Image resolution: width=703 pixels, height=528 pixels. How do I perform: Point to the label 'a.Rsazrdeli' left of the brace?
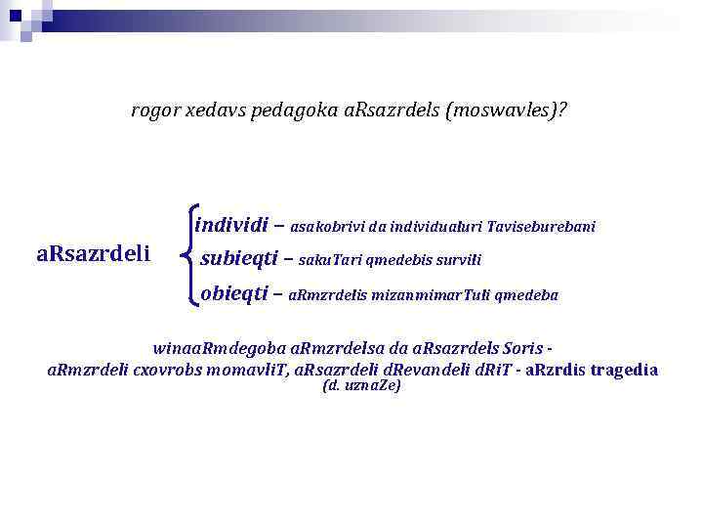point(93,255)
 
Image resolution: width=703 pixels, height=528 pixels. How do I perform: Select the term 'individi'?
point(231,225)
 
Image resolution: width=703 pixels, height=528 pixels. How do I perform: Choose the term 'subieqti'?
point(238,259)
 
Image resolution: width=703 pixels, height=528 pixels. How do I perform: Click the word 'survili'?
point(459,261)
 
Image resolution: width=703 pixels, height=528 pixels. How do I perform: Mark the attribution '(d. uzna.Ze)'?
point(360,386)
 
